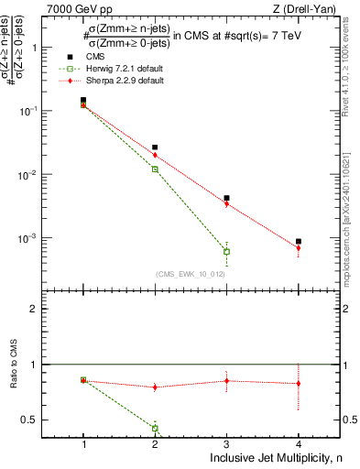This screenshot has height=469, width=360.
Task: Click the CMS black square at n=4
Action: coord(299,242)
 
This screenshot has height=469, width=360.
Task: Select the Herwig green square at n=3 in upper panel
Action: coord(226,251)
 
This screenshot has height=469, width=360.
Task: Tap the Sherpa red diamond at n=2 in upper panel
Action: coord(155,155)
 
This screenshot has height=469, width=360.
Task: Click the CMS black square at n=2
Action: coord(155,147)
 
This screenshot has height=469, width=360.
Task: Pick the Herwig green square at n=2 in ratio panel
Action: coord(155,428)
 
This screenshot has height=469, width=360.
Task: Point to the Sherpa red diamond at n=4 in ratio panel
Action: coord(299,384)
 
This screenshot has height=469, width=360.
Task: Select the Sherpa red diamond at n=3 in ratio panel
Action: coord(226,380)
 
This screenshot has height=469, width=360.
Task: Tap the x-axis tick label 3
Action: coord(226,442)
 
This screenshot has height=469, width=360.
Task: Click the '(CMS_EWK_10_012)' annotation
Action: coord(191,274)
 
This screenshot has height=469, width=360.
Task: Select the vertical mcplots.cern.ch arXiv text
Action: coord(352,183)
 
